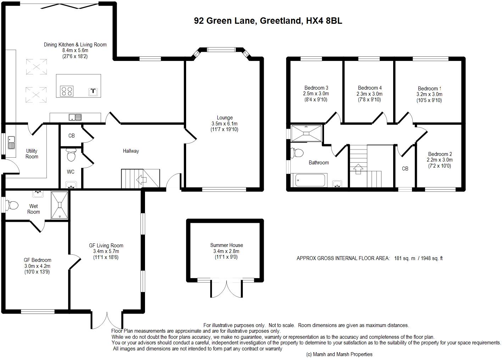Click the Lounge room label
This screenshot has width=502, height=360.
pyautogui.click(x=224, y=118)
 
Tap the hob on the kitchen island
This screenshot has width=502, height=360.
pyautogui.click(x=67, y=91)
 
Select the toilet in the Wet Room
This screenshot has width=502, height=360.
pyautogui.click(x=12, y=205)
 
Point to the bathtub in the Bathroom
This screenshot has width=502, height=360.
pyautogui.click(x=310, y=180)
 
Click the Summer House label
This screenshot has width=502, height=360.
pyautogui.click(x=226, y=245)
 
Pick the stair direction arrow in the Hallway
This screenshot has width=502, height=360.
pyautogui.click(x=141, y=179)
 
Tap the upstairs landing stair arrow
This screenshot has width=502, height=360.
pyautogui.click(x=358, y=169)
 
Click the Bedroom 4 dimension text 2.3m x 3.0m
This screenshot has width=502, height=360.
pyautogui.click(x=369, y=94)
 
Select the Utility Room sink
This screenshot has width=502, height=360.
pyautogui.click(x=11, y=143)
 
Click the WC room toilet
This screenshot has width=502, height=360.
pyautogui.click(x=72, y=155)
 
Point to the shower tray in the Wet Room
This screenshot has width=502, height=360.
pyautogui.click(x=60, y=205)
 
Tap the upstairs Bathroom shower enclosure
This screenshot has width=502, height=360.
pyautogui.click(x=306, y=134)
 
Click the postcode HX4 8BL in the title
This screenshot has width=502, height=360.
pyautogui.click(x=324, y=21)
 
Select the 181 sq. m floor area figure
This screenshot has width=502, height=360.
pyautogui.click(x=405, y=258)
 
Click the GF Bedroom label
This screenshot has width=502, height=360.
pyautogui.click(x=38, y=260)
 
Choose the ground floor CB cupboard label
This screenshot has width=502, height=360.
pyautogui.click(x=72, y=136)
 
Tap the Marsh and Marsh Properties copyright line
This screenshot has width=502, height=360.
pyautogui.click(x=339, y=354)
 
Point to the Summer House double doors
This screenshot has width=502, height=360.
pyautogui.click(x=227, y=289)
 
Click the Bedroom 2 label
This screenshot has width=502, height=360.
pyautogui.click(x=440, y=154)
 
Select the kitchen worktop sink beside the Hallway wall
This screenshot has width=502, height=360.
pyautogui.click(x=75, y=117)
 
